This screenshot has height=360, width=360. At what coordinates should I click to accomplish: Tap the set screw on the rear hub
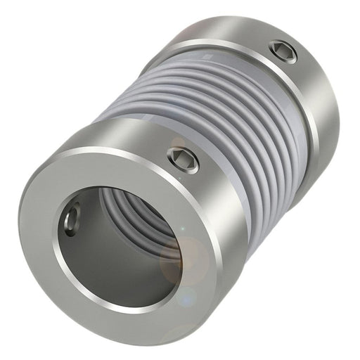coord(283,51)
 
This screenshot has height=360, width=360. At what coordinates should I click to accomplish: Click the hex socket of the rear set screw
coord(283,51)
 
